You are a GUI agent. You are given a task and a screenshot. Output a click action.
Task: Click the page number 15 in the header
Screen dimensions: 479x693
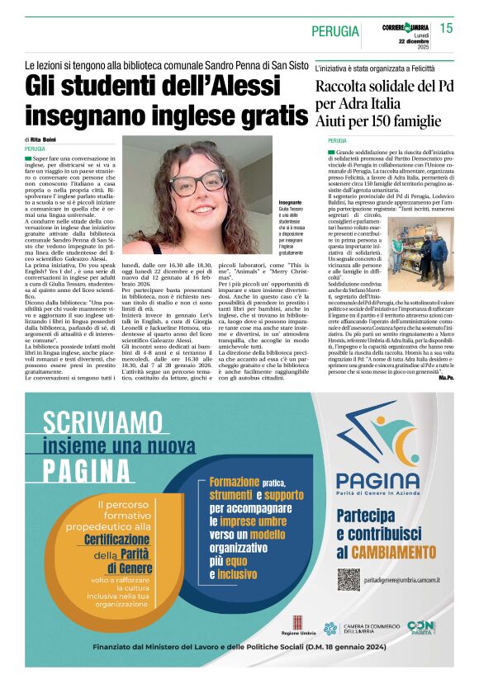point(446,28)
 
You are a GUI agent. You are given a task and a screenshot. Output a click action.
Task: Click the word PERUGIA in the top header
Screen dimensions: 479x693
point(336,31)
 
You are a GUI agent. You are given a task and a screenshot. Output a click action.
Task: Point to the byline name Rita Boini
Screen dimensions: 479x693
point(41,140)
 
